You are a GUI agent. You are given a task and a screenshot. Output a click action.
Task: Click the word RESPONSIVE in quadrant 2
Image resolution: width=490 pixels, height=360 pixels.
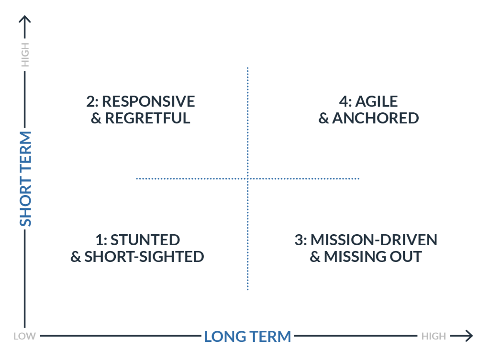pos(148,101)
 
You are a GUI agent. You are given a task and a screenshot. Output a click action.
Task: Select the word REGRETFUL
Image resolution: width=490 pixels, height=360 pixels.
pos(147,118)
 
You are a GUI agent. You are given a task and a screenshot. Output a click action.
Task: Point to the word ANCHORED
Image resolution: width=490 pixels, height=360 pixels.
pos(376,118)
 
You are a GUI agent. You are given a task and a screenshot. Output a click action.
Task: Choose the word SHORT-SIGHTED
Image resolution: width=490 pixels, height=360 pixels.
pos(144,257)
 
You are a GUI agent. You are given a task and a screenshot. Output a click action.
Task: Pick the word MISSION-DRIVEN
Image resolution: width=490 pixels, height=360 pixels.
pos(374,240)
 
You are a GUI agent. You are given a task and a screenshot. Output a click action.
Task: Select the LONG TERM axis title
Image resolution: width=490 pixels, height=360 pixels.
pos(247,336)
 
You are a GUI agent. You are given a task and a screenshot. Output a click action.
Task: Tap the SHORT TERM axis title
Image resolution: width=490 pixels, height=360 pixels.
pos(25,178)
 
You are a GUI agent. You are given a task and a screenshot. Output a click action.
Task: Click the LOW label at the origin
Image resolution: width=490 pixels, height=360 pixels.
pos(24,336)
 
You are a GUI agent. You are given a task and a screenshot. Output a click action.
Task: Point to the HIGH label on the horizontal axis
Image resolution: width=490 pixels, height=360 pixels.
pos(434,336)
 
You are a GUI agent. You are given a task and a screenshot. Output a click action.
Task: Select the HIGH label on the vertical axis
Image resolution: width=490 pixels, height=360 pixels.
pos(25,55)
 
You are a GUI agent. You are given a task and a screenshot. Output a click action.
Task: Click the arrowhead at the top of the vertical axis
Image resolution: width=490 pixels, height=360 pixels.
pos(25,19)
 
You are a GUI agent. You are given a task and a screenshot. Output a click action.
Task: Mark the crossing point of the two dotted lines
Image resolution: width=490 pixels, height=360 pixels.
pos(247,179)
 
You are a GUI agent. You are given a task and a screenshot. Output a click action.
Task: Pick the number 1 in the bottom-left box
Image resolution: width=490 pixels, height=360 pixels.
pos(99,240)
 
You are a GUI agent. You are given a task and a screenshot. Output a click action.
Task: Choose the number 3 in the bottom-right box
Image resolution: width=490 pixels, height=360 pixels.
pos(300,240)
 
